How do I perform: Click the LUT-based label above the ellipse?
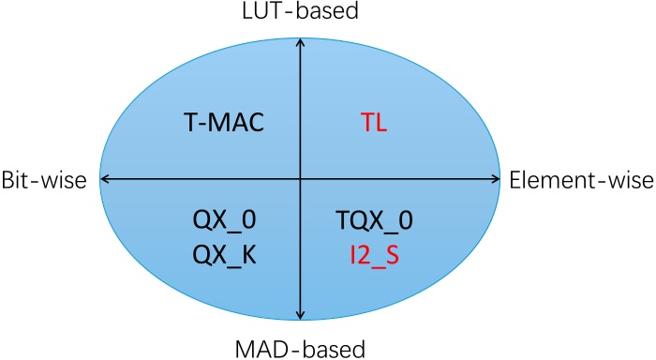pyautogui.click(x=300, y=11)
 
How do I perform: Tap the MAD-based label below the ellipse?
pyautogui.click(x=300, y=348)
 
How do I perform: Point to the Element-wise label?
pyautogui.click(x=581, y=179)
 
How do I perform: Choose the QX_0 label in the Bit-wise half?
pyautogui.click(x=222, y=221)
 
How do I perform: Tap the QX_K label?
pyautogui.click(x=222, y=254)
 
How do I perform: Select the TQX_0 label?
pyautogui.click(x=374, y=221)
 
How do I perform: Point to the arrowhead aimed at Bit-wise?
pyautogui.click(x=104, y=179)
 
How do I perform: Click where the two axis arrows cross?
pyautogui.click(x=300, y=179)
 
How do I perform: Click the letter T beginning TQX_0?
pyautogui.click(x=342, y=221)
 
